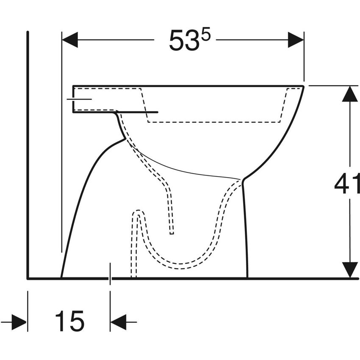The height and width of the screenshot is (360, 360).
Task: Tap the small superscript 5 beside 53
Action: coord(205,35)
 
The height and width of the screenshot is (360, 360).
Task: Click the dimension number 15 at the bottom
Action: coord(69,321)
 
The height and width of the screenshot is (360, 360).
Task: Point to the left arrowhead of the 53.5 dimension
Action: coord(70,40)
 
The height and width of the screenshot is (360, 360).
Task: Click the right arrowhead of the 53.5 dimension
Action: coord(296,40)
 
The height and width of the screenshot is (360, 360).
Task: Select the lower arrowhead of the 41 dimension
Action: coord(350,270)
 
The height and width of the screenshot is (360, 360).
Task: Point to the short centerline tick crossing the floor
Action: coord(110,274)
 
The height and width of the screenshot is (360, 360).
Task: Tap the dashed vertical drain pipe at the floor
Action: coord(134,263)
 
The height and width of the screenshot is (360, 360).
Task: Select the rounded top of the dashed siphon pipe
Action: coord(138,212)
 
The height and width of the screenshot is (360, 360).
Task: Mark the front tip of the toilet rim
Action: coord(303,86)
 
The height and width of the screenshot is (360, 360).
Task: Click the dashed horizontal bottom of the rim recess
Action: coord(214,122)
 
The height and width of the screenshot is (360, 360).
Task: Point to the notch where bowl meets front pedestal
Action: coord(243,180)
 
